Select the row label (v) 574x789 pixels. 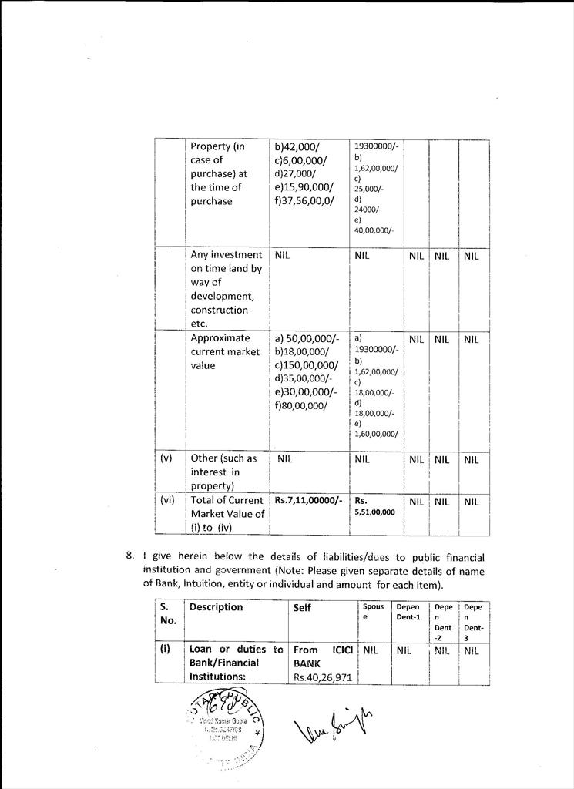166,458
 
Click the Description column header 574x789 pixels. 216,607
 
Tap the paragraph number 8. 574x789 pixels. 130,556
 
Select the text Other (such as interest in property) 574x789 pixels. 223,472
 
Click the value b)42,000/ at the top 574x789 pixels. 297,146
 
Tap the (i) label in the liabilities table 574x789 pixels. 165,649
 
